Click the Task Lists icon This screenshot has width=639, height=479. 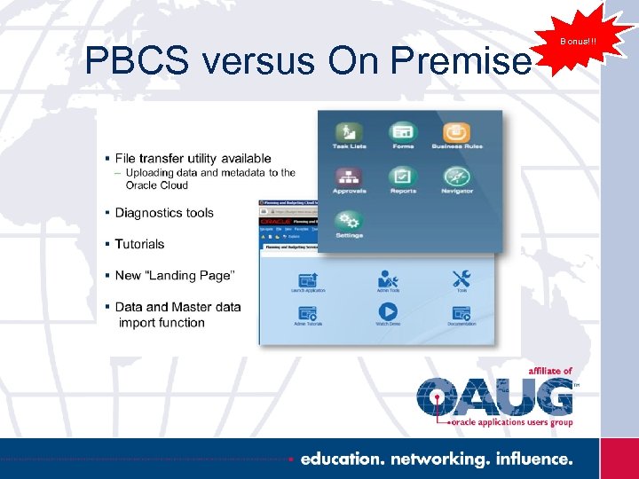pyautogui.click(x=349, y=132)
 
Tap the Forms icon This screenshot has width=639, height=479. pyautogui.click(x=403, y=132)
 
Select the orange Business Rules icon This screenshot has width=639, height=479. pyautogui.click(x=457, y=132)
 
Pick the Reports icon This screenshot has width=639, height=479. pyautogui.click(x=403, y=177)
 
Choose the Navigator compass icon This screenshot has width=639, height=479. pyautogui.click(x=457, y=177)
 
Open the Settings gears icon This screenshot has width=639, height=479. pyautogui.click(x=349, y=221)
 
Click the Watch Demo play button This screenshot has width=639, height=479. pyautogui.click(x=388, y=311)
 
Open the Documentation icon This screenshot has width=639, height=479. pyautogui.click(x=461, y=312)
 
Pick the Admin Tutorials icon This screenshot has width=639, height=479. pyautogui.click(x=308, y=312)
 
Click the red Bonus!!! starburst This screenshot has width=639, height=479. pyautogui.click(x=578, y=41)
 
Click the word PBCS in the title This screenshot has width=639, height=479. pyautogui.click(x=138, y=60)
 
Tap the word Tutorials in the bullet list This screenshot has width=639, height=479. pyautogui.click(x=139, y=244)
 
